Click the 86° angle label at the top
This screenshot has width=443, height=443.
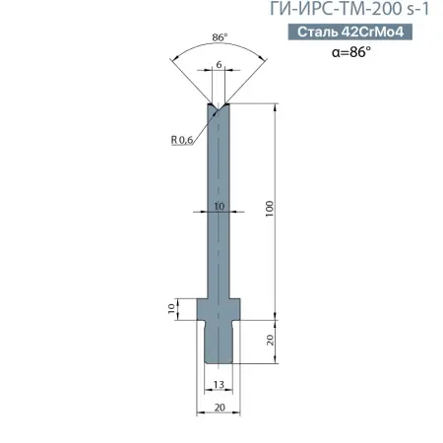point(219,40)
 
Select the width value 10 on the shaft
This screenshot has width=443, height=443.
point(219,207)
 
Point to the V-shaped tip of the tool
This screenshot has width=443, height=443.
point(219,105)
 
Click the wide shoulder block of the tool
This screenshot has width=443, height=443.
point(219,310)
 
